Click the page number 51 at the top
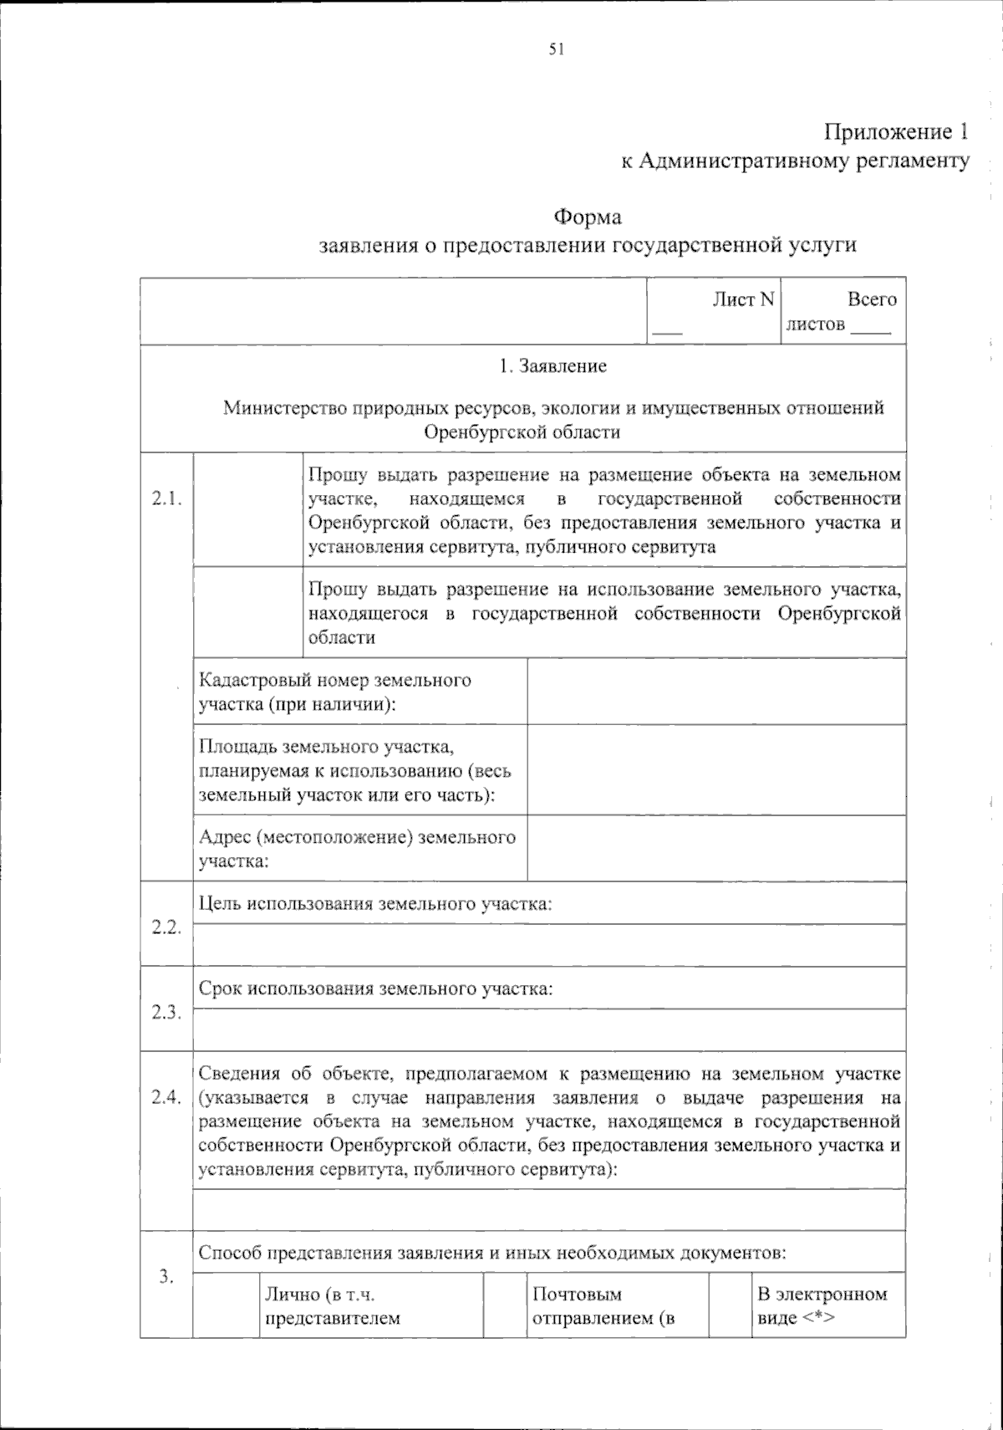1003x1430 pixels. pyautogui.click(x=557, y=50)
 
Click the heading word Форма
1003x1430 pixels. pyautogui.click(x=588, y=217)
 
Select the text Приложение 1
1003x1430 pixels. pyautogui.click(x=897, y=132)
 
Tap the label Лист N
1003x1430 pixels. pyautogui.click(x=743, y=300)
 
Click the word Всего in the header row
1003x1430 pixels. pyautogui.click(x=871, y=300)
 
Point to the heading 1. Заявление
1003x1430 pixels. pyautogui.click(x=552, y=366)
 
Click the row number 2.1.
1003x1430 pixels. pyautogui.click(x=167, y=499)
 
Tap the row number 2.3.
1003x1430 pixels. pyautogui.click(x=167, y=1014)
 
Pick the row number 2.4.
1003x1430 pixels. pyautogui.click(x=167, y=1099)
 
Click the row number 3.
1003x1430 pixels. pyautogui.click(x=166, y=1276)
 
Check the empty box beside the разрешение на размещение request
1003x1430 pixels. pyautogui.click(x=247, y=509)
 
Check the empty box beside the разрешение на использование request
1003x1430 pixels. pyautogui.click(x=247, y=612)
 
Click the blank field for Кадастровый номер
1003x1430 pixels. pyautogui.click(x=716, y=691)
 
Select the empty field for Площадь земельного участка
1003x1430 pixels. pyautogui.click(x=716, y=769)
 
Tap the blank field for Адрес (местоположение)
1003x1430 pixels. pyautogui.click(x=716, y=848)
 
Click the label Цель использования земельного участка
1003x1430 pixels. pyautogui.click(x=376, y=904)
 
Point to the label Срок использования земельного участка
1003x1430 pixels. pyautogui.click(x=376, y=989)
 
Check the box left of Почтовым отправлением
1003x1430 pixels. pyautogui.click(x=505, y=1305)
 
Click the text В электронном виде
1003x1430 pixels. pyautogui.click(x=822, y=1306)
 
